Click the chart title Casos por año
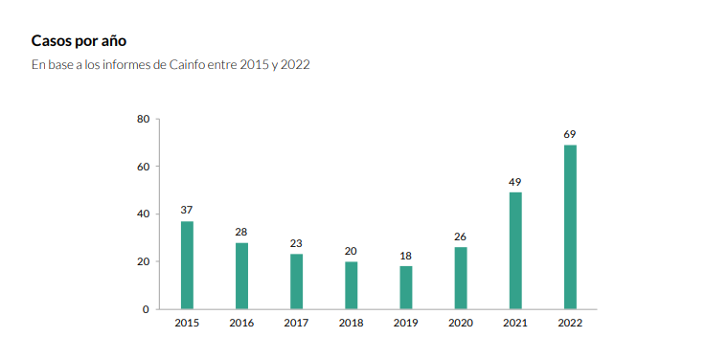(79, 41)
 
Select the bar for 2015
(187, 265)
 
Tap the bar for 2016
(241, 276)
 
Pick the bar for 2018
(352, 285)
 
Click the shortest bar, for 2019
(406, 287)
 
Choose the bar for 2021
(515, 251)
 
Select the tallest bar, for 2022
(570, 227)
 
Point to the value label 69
(570, 134)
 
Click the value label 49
(515, 182)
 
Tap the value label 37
(187, 211)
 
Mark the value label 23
(296, 243)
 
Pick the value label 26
(461, 236)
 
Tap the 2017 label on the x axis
(296, 324)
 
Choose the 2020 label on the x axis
(461, 324)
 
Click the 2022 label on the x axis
(570, 324)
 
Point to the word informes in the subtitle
(121, 65)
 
